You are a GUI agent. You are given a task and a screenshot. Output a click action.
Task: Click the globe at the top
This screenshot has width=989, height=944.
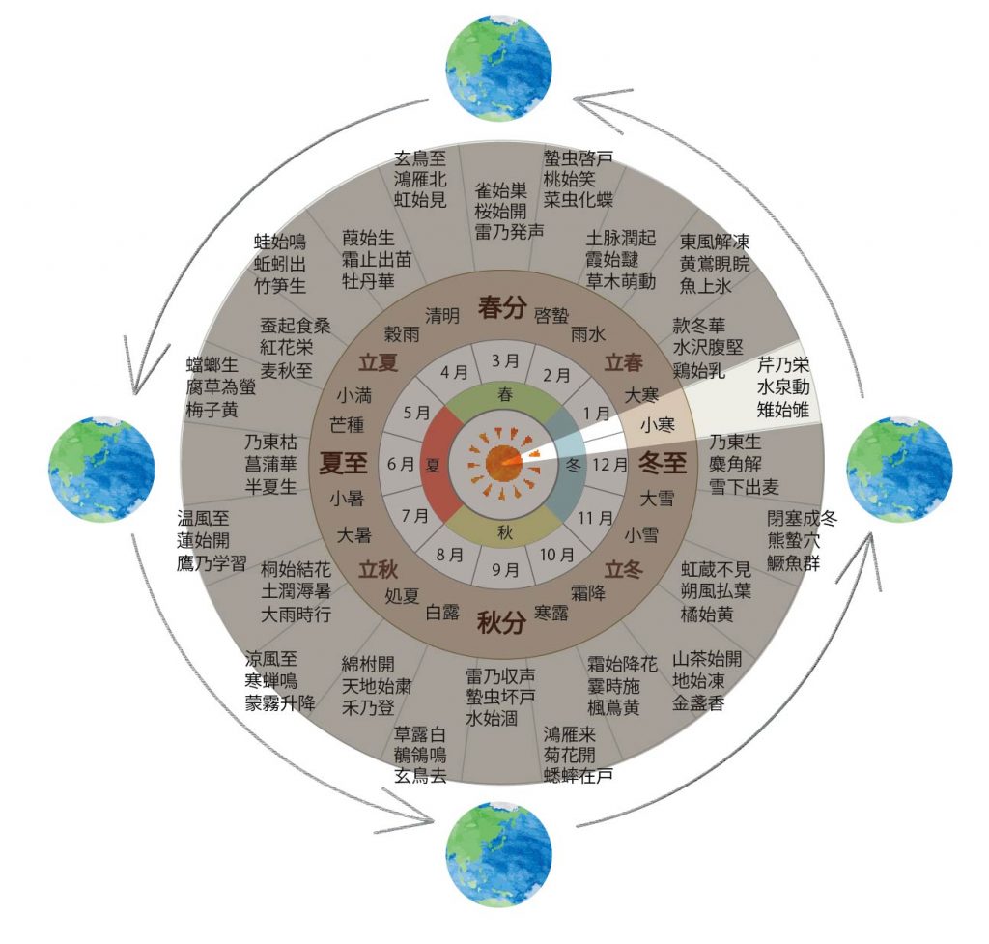[x=498, y=68]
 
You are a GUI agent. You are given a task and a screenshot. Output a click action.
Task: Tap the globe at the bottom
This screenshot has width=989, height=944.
[x=498, y=853]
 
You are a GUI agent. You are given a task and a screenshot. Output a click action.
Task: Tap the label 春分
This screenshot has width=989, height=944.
[x=502, y=307]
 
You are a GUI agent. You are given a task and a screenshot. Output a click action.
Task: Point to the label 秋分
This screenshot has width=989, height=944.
[x=501, y=621]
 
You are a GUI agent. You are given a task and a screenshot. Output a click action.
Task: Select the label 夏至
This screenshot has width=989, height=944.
[x=344, y=463]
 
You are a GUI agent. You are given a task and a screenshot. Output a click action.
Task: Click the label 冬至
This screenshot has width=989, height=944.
[x=662, y=464]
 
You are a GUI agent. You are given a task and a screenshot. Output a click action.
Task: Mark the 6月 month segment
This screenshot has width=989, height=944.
[x=400, y=464]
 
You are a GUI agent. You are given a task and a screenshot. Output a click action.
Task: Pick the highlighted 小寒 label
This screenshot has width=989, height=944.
[x=657, y=424]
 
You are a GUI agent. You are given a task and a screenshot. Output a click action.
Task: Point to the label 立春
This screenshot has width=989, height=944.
[x=623, y=363]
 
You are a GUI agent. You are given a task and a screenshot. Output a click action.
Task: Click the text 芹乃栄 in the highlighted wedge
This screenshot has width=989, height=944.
[x=784, y=366]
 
